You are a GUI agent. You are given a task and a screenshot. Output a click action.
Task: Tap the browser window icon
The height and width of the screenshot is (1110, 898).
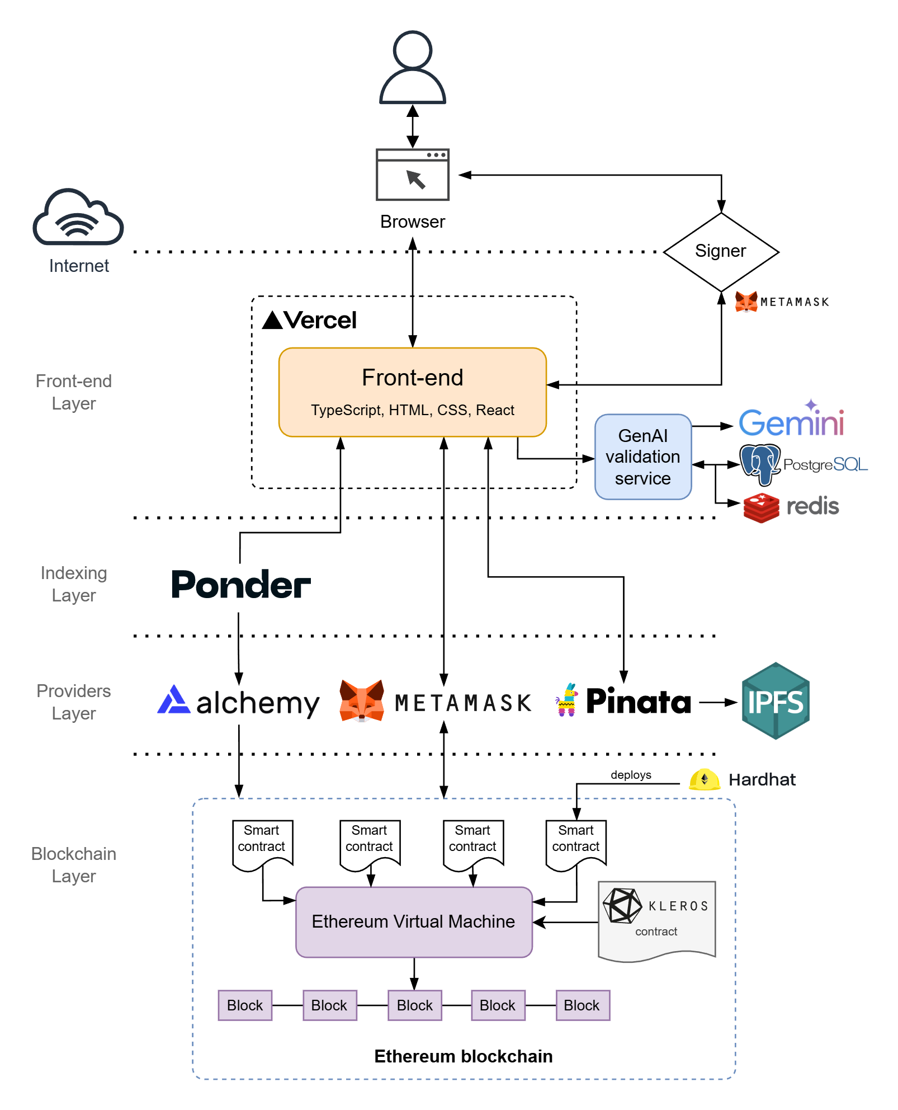click(x=413, y=175)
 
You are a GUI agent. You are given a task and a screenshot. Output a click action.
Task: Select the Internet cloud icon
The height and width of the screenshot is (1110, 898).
click(x=78, y=218)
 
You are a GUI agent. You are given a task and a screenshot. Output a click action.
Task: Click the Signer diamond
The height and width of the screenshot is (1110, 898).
click(x=721, y=251)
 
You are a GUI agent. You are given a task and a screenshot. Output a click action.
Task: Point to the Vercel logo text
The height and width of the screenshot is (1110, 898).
click(x=310, y=321)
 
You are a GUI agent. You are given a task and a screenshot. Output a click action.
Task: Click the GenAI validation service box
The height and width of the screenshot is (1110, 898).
click(x=643, y=457)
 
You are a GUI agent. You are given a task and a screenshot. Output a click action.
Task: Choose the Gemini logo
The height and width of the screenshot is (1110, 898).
click(x=791, y=421)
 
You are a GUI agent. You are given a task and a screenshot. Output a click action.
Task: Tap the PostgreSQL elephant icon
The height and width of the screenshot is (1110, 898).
click(x=759, y=464)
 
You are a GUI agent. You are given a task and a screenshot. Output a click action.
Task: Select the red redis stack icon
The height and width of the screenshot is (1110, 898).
click(x=761, y=507)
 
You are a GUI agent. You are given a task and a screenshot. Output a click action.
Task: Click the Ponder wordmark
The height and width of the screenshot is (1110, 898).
click(x=240, y=585)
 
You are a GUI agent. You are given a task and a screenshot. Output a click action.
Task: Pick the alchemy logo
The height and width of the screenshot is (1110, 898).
click(x=239, y=702)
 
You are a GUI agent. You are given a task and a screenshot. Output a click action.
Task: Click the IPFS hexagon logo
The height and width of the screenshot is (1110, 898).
click(x=776, y=701)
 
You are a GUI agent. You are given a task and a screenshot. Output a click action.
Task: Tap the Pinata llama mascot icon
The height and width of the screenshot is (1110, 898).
click(x=567, y=700)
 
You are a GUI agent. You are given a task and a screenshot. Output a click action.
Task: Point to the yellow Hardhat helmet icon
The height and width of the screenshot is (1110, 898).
click(x=704, y=779)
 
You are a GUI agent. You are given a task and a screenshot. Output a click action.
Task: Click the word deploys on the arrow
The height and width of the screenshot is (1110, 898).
click(x=631, y=775)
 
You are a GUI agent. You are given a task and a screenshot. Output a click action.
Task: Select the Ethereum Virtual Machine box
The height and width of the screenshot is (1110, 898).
click(x=414, y=921)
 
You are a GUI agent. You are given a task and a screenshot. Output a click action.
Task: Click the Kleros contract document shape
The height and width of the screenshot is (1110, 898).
click(x=656, y=920)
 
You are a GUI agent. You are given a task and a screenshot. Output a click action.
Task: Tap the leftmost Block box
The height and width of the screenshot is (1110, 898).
click(x=245, y=1005)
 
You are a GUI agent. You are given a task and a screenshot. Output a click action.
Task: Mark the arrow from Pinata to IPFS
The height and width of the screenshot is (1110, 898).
click(x=717, y=702)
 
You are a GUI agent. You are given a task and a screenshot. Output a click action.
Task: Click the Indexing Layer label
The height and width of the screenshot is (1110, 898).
click(x=74, y=584)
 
